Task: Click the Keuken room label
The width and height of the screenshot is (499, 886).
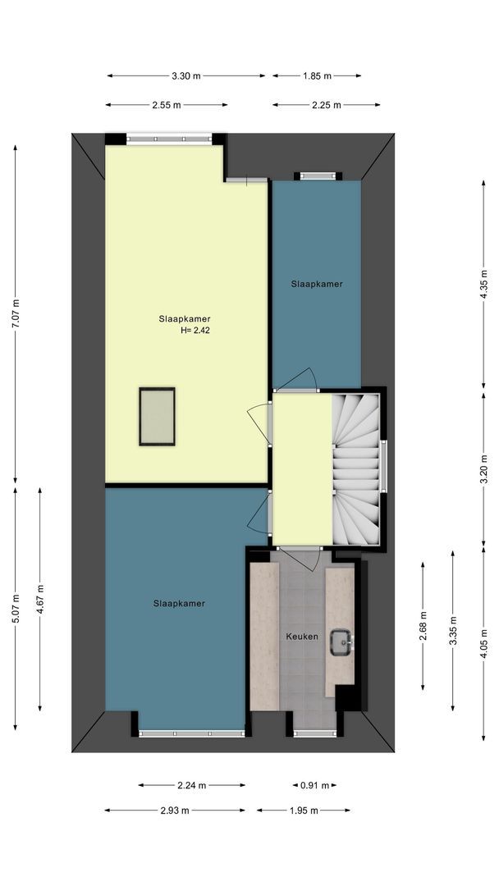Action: tap(302, 637)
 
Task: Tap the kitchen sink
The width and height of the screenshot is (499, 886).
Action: tap(341, 642)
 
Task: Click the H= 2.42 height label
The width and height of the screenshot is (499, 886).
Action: tap(195, 331)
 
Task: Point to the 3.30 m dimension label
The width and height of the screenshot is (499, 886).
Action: tap(186, 75)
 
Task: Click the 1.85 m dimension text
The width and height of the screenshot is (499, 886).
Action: tap(317, 75)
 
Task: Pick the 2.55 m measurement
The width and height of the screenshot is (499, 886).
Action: tap(166, 104)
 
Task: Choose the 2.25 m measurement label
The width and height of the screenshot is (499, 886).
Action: tap(327, 104)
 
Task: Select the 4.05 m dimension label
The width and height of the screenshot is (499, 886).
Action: tap(483, 643)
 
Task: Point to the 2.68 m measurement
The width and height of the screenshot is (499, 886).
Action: tap(423, 626)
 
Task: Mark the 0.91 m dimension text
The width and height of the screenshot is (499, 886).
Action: tap(315, 785)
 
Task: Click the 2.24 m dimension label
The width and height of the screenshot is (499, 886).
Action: tap(191, 785)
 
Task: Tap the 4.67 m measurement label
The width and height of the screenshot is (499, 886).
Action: tap(39, 599)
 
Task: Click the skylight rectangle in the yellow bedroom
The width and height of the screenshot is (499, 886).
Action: tap(157, 417)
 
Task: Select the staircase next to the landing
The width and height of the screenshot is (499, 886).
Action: tap(356, 469)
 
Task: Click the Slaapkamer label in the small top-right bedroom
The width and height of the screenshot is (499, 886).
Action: tap(317, 284)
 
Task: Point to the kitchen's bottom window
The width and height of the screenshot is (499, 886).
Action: tap(315, 733)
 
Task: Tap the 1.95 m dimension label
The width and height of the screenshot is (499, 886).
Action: tap(304, 811)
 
